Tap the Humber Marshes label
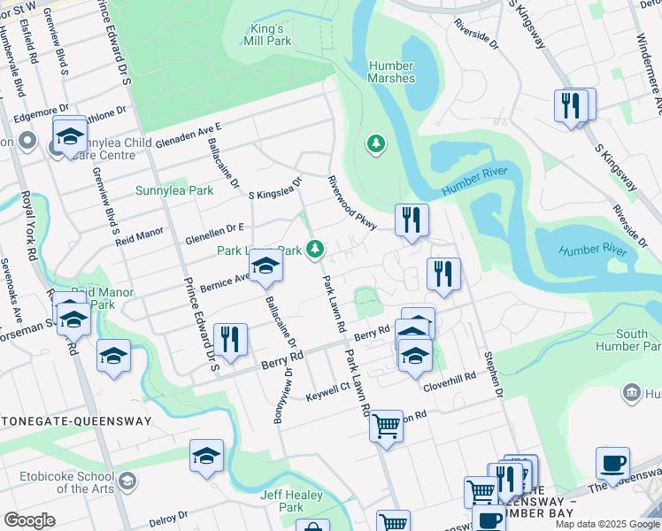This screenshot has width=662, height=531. click(x=392, y=72)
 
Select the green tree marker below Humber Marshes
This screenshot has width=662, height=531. click(x=376, y=142)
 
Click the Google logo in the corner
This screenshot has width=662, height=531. click(x=28, y=520)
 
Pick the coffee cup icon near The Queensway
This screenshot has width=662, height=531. click(x=612, y=463)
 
